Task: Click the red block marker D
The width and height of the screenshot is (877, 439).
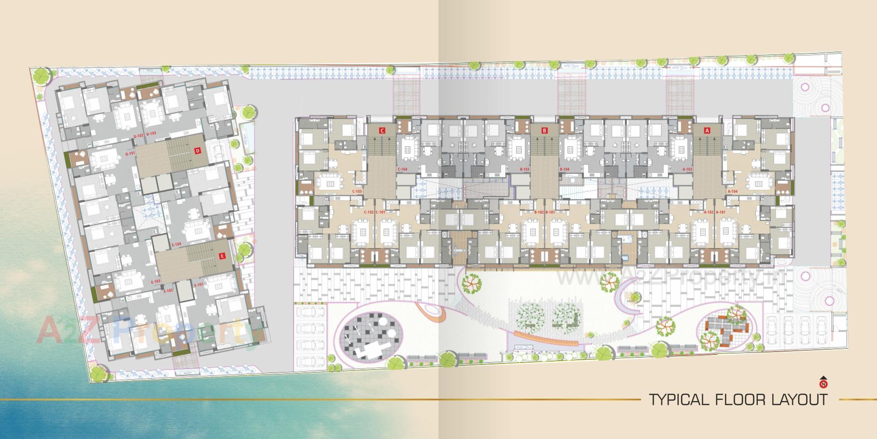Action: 197,150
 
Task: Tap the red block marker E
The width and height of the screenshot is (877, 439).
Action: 222,256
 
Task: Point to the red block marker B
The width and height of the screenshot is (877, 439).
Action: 544,130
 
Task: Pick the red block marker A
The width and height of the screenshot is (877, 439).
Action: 708,130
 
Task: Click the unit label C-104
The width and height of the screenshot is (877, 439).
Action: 402,169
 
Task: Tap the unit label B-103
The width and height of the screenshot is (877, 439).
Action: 525,169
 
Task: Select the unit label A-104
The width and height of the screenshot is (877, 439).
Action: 732,191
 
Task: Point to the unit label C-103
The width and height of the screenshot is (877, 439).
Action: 357,191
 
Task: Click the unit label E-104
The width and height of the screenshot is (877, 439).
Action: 176,245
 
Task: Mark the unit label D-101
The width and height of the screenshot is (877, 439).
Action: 130,154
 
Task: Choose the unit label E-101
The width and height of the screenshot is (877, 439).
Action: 198,285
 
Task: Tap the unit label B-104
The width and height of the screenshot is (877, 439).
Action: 565,169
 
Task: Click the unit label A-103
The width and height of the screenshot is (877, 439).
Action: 687,169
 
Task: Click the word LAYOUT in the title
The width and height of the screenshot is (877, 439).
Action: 796,400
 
